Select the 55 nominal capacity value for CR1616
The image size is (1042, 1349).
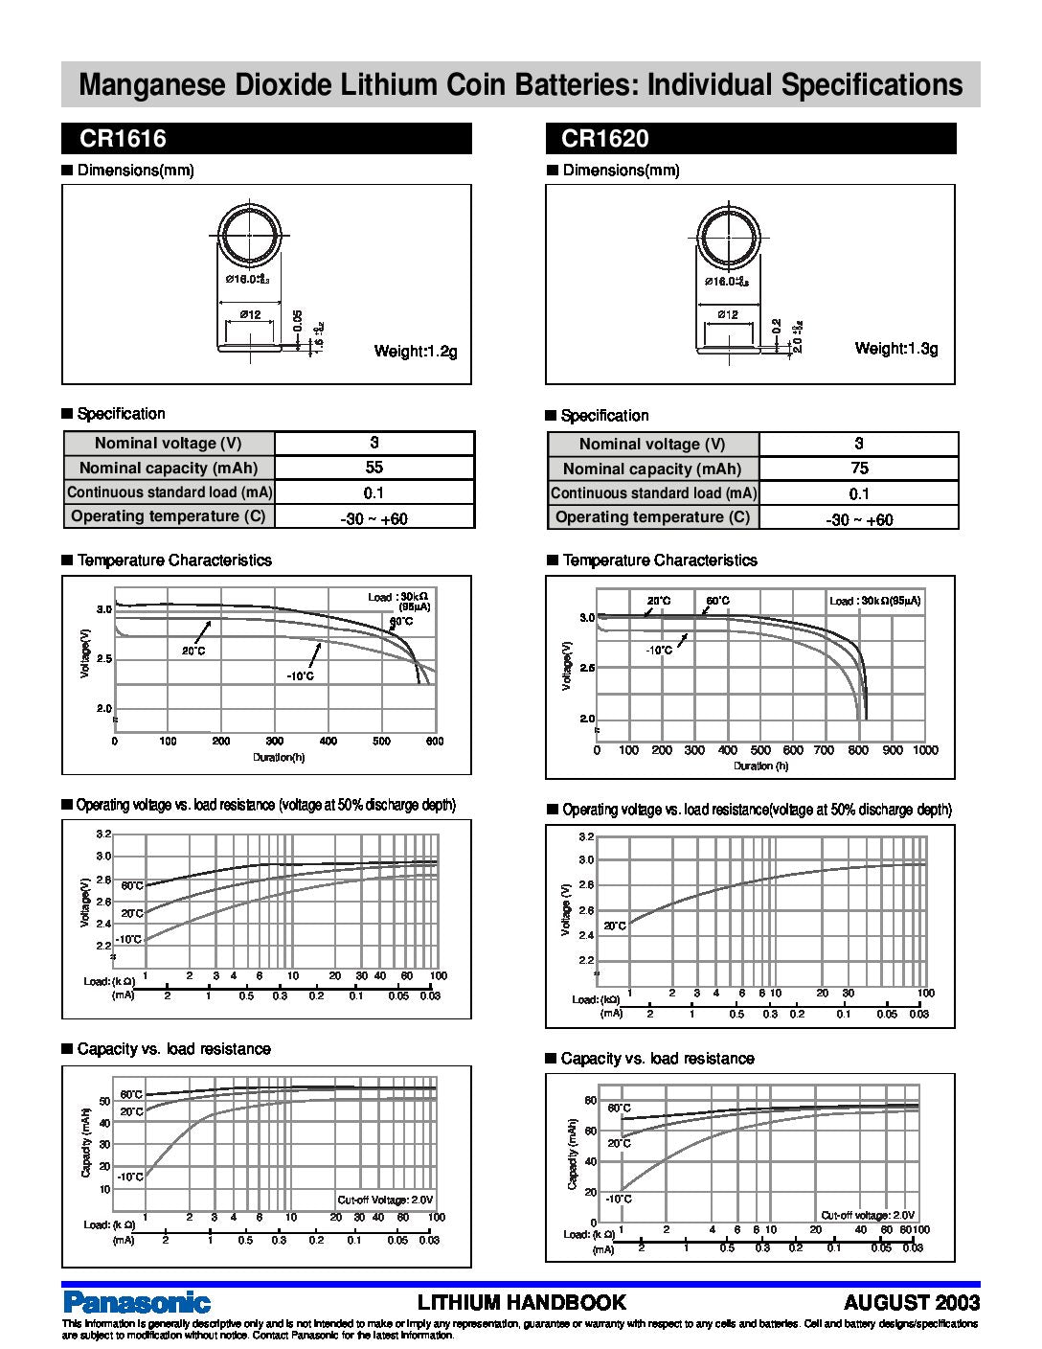[374, 468]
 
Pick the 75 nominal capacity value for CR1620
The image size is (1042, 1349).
[859, 469]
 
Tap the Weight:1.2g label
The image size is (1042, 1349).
[416, 352]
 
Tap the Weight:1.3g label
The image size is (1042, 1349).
[896, 349]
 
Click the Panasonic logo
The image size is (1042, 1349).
[136, 1302]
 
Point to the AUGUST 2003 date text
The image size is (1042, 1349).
[912, 1302]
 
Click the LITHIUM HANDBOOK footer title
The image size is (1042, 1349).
[522, 1302]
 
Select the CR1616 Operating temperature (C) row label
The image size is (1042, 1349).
[169, 516]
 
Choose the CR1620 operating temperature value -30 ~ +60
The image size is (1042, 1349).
[859, 519]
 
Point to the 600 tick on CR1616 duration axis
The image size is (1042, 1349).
[435, 742]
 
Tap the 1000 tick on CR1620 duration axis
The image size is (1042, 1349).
[925, 750]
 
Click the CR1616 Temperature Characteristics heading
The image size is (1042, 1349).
[173, 560]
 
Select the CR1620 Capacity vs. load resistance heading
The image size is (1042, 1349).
[657, 1059]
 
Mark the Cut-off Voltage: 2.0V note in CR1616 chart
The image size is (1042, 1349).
[385, 1200]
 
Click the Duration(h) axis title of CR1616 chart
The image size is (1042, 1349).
[279, 758]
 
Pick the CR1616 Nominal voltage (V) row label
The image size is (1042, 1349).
[169, 444]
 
